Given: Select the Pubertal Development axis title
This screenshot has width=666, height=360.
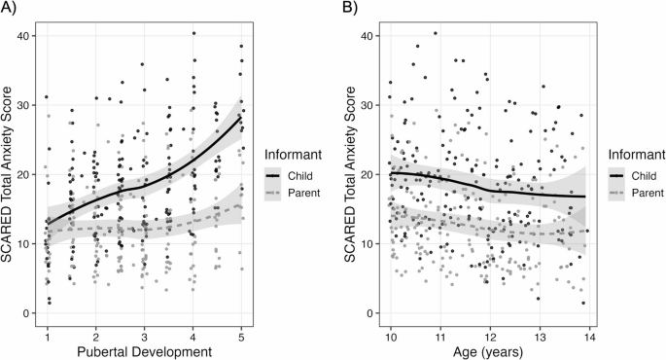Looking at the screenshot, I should pos(145,350).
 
